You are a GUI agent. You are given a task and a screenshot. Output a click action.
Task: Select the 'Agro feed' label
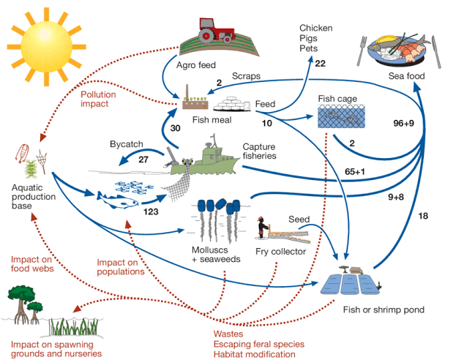tap(195, 65)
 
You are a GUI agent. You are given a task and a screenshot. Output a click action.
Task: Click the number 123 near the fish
tap(152, 211)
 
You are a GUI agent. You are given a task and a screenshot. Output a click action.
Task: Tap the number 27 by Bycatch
tap(143, 158)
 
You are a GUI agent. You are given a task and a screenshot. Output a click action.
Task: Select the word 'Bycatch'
tap(127, 143)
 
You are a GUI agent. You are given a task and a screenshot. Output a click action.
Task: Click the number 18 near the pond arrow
tap(424, 216)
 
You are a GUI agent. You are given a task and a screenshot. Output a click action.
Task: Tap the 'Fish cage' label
tap(337, 98)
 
